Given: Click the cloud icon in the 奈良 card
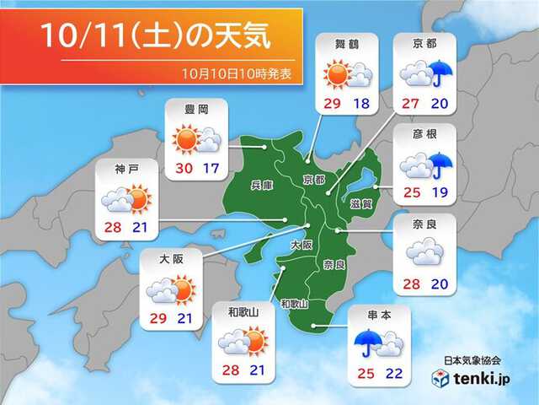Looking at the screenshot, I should click(425, 252).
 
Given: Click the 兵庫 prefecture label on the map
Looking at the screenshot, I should click(262, 185).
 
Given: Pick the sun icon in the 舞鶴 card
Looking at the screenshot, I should click(338, 75).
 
